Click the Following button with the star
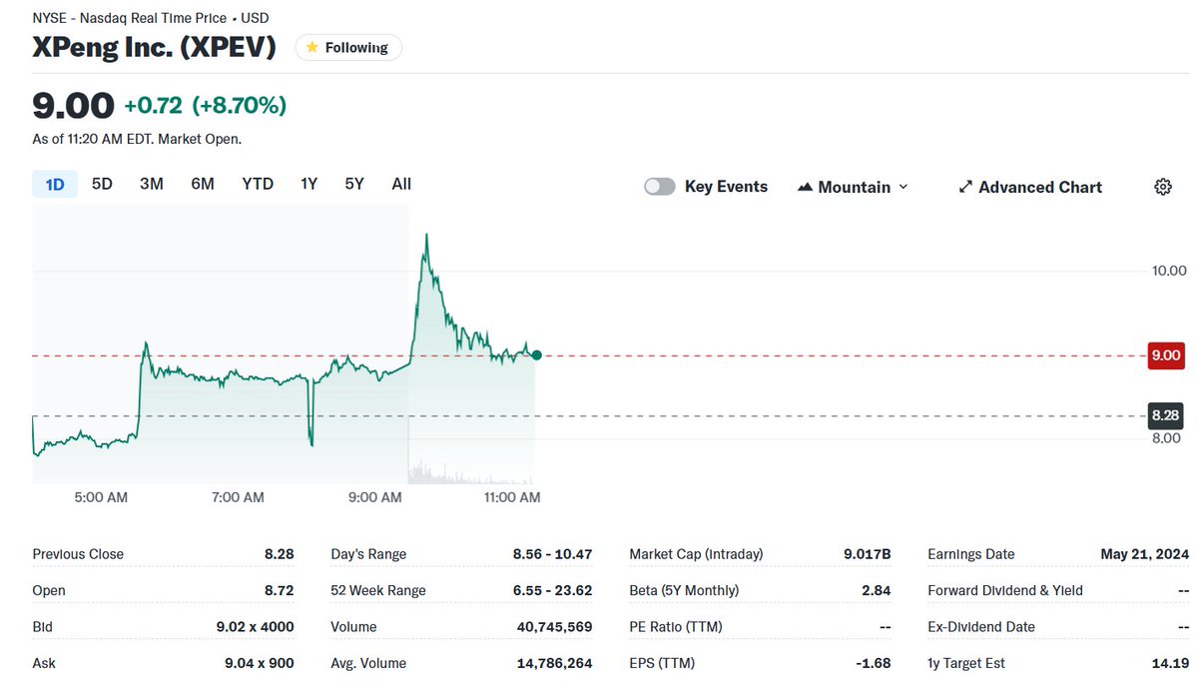[348, 47]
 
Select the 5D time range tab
[102, 184]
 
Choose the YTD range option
[258, 184]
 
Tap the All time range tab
[401, 184]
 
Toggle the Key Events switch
[660, 187]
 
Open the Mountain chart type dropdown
[854, 187]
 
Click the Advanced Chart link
[1030, 187]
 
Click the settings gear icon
[1162, 187]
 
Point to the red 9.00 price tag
[1165, 355]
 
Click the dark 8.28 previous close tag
[1165, 415]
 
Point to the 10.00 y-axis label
[1168, 271]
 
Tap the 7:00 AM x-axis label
[238, 497]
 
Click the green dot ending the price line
[537, 355]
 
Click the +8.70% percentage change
[240, 105]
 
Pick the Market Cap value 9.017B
[866, 554]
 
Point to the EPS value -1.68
[875, 663]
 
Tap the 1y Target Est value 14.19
[1170, 663]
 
